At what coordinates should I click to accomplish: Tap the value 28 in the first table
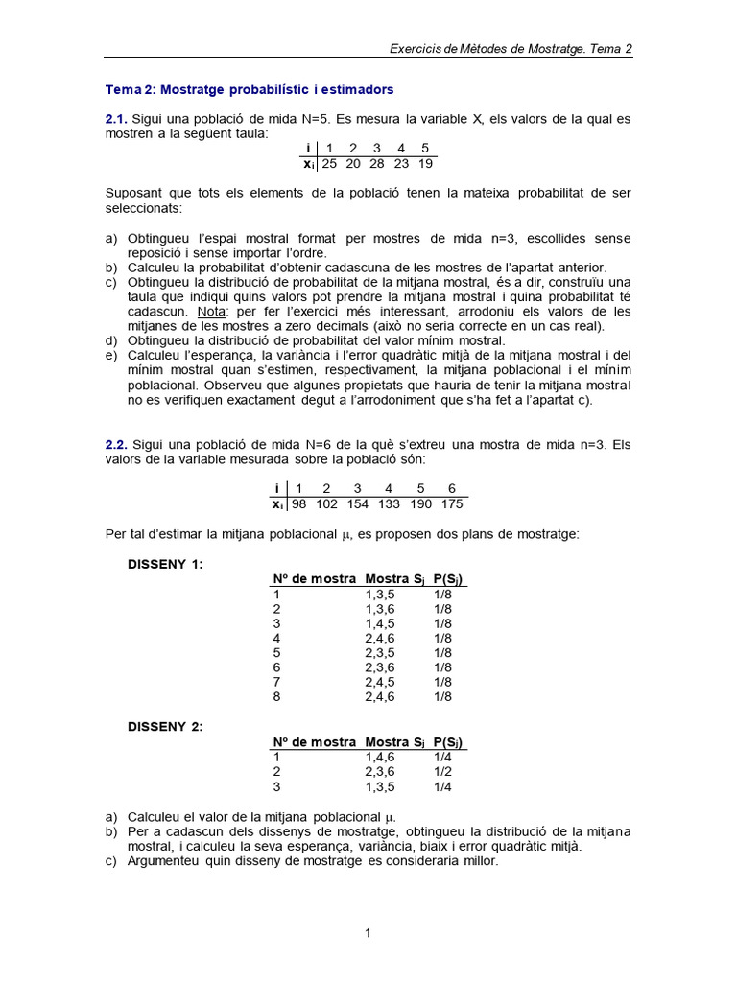(377, 164)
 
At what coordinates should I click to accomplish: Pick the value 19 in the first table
(425, 164)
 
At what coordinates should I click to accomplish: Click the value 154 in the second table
(357, 503)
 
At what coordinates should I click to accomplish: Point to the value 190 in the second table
(420, 503)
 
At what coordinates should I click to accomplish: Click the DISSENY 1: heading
(165, 564)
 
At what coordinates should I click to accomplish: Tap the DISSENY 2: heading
(165, 726)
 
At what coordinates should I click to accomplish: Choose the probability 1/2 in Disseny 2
(442, 771)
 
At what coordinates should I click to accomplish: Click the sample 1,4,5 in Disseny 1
(380, 623)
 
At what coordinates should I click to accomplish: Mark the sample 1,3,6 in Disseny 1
(380, 608)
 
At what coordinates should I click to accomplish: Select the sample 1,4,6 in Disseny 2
(380, 757)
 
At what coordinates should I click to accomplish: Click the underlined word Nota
(211, 312)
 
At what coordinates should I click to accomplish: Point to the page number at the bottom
(368, 932)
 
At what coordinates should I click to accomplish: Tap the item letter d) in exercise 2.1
(110, 340)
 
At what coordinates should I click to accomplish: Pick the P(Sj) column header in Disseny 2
(449, 742)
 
